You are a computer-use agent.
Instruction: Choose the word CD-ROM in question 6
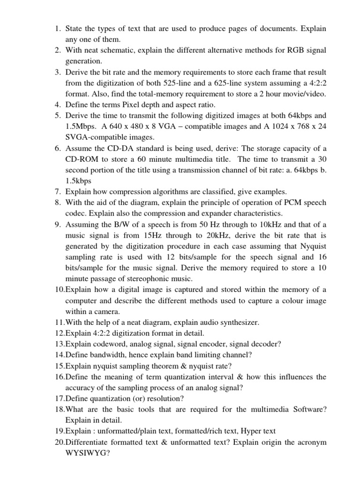click(80, 159)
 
